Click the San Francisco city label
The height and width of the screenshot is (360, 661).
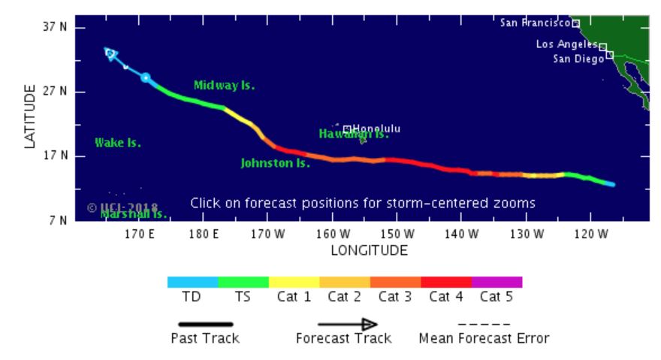click(x=535, y=23)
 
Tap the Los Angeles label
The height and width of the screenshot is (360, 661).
click(x=566, y=44)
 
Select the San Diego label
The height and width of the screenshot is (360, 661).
click(x=578, y=59)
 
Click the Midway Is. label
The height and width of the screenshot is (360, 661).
click(x=224, y=86)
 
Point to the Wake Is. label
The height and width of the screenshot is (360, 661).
click(x=117, y=143)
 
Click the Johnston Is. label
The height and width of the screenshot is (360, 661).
click(x=275, y=163)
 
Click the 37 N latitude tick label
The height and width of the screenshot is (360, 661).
click(x=54, y=27)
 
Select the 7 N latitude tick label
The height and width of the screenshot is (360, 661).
click(x=58, y=221)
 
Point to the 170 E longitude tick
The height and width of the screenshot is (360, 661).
click(x=140, y=234)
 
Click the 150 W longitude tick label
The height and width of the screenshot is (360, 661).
click(x=397, y=234)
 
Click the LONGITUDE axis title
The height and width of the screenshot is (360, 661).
click(x=369, y=250)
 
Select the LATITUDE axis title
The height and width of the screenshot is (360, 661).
click(x=31, y=116)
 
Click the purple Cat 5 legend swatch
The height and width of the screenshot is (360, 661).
click(x=497, y=282)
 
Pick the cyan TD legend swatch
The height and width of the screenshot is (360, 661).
click(x=192, y=282)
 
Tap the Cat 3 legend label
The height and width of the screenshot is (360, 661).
click(x=394, y=297)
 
